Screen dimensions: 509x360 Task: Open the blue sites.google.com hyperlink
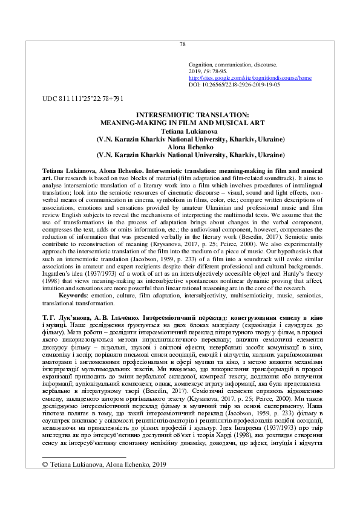coord(250,78)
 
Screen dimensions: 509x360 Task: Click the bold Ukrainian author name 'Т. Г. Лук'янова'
coord(68,317)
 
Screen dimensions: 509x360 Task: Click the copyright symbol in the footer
coord(44,464)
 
